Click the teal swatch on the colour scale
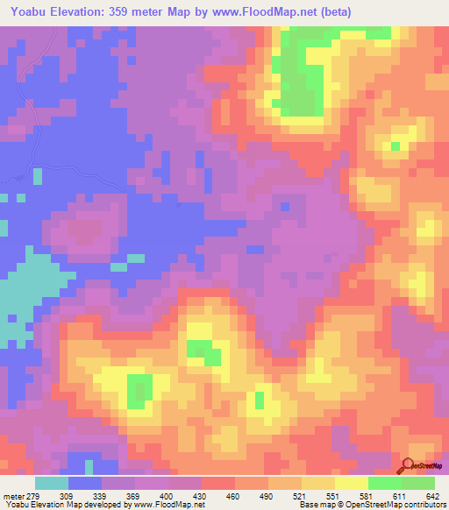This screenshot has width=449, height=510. (52, 483)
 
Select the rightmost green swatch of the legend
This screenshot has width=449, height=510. (417, 483)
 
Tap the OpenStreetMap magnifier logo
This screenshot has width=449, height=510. (407, 467)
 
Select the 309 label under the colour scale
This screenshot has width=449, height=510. (78, 497)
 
